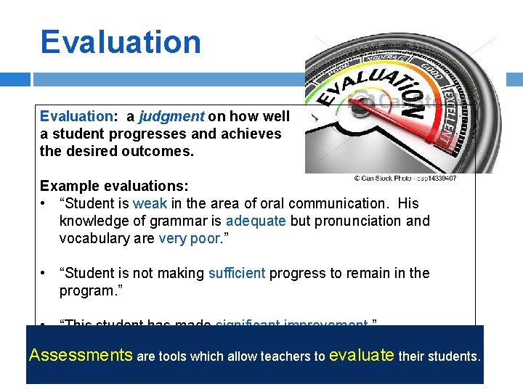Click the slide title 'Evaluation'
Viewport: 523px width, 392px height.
121,41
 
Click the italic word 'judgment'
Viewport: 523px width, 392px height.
171,116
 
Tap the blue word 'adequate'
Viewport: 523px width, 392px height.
256,221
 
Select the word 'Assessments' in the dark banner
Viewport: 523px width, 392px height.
81,356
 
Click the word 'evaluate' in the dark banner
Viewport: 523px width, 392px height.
362,356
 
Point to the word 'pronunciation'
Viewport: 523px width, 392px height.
360,221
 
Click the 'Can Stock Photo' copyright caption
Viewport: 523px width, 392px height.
405,178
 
